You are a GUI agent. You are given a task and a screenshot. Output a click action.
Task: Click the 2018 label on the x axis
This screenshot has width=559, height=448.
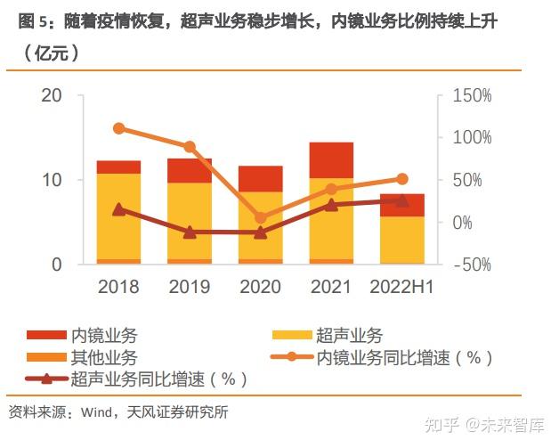tap(118, 286)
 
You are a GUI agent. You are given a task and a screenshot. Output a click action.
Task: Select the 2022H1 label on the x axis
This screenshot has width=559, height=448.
tap(401, 286)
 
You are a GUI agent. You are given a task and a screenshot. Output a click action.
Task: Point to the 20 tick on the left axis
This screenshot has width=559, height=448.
tap(53, 95)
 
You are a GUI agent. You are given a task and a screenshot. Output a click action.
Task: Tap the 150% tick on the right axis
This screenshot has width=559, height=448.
tap(473, 95)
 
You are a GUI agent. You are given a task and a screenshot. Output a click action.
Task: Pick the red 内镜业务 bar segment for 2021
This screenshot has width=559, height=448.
tap(331, 160)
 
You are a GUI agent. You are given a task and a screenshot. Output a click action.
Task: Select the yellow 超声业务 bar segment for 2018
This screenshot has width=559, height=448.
tap(118, 216)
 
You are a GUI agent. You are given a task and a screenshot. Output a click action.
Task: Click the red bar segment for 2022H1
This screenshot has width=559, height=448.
tap(401, 205)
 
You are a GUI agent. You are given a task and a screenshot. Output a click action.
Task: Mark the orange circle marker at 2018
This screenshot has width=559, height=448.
tap(118, 128)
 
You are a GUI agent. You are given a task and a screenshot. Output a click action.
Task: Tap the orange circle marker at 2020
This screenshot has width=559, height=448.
tap(261, 217)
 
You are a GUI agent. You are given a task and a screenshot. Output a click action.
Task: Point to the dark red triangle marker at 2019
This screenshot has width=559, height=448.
tap(190, 232)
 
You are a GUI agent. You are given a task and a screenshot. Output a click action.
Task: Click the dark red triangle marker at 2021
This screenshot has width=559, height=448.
tap(331, 205)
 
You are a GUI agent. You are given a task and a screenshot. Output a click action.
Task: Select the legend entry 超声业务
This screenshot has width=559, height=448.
tap(348, 336)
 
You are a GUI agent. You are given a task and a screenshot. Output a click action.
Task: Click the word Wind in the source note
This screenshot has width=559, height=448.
tap(94, 411)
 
